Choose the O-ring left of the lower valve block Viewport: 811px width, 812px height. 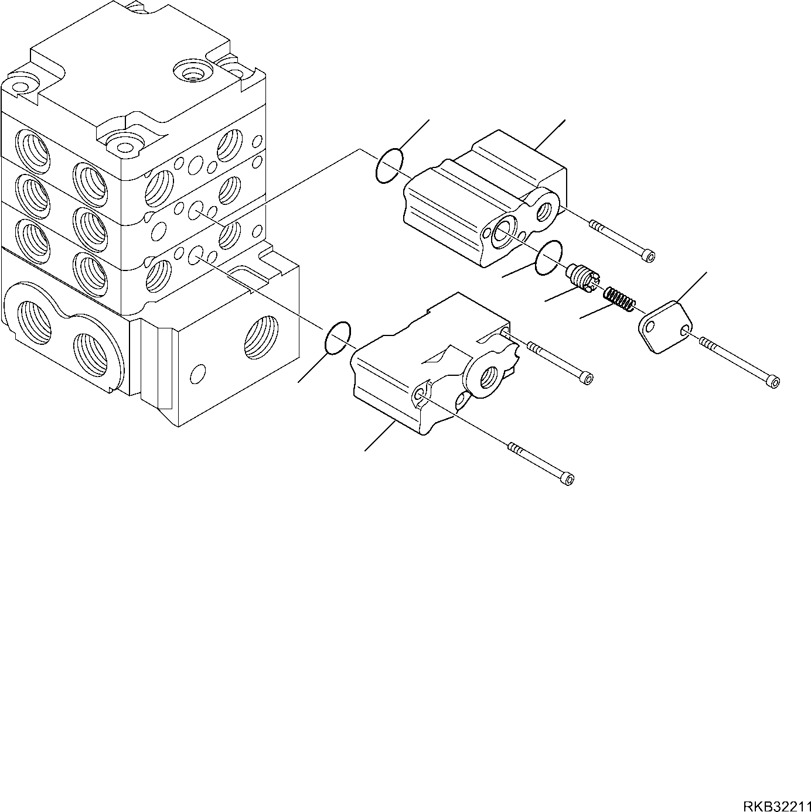(x=338, y=337)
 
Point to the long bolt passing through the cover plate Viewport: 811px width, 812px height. (x=738, y=364)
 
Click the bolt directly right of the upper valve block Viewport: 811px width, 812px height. (x=623, y=241)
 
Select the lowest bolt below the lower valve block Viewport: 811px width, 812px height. (x=542, y=462)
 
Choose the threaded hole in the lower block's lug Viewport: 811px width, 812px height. (x=488, y=379)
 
